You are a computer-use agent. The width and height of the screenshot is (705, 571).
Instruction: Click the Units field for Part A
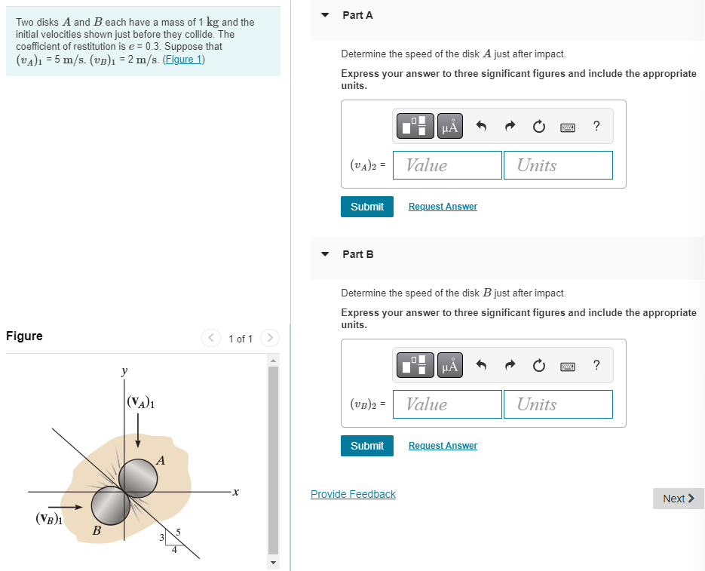click(558, 165)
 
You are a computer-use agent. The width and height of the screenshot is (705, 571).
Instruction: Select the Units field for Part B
click(558, 404)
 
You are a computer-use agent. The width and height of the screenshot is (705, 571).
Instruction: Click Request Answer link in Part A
click(443, 207)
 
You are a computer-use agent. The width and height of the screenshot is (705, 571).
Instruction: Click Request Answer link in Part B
click(443, 446)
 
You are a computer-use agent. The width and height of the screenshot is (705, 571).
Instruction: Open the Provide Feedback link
click(353, 494)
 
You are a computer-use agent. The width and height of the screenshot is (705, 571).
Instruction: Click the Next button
click(678, 499)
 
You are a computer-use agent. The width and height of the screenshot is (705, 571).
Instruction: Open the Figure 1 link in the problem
click(183, 60)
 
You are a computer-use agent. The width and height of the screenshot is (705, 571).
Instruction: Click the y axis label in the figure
click(124, 371)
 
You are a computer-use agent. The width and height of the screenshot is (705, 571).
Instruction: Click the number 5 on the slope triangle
click(178, 534)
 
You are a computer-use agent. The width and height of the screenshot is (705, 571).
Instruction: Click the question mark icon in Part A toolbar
click(596, 127)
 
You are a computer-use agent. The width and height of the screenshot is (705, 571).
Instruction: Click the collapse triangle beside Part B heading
click(325, 254)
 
